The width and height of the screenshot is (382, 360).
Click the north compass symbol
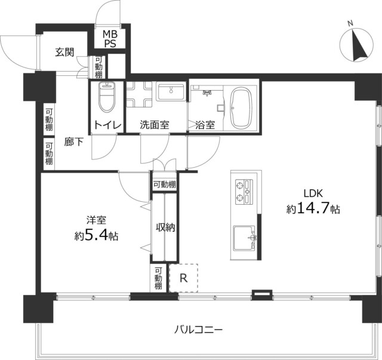click(x=356, y=45)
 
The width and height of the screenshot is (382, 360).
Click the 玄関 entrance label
click(x=65, y=52)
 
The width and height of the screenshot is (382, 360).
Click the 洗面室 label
click(x=155, y=125)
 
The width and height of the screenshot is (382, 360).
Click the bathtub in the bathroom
click(x=243, y=108)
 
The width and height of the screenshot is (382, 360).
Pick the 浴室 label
click(x=205, y=125)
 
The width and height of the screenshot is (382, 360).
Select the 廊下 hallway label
click(x=74, y=143)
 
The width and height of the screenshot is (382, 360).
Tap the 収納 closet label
click(x=165, y=227)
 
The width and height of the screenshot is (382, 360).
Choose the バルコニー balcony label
click(x=199, y=329)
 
